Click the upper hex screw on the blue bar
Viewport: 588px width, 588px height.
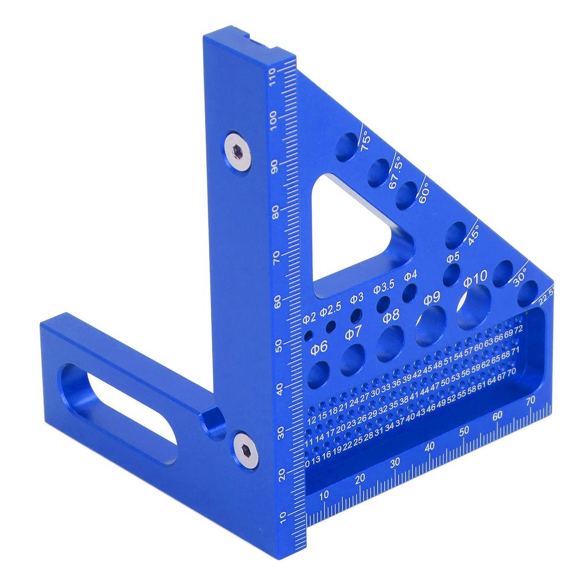(x=236, y=150)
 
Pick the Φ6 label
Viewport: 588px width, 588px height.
(x=319, y=346)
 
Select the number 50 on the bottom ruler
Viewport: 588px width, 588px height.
(x=465, y=431)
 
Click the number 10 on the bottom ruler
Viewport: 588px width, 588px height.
(x=324, y=495)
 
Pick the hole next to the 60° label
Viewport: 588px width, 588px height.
(x=407, y=195)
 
